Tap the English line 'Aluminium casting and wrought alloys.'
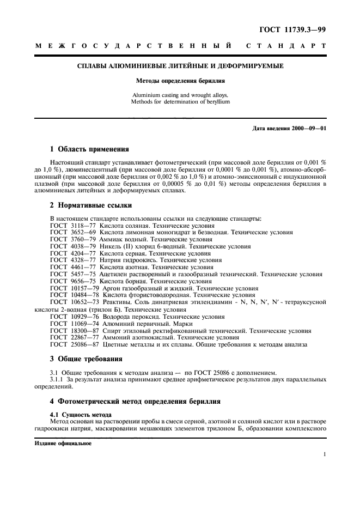point(180,95)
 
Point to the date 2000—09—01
point(309,129)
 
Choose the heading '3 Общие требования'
point(86,359)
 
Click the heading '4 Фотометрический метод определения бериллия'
point(135,401)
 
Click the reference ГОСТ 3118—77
point(67,226)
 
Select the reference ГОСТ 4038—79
point(67,246)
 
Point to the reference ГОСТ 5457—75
point(67,274)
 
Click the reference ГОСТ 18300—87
point(69,330)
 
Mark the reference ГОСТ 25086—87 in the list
point(69,344)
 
